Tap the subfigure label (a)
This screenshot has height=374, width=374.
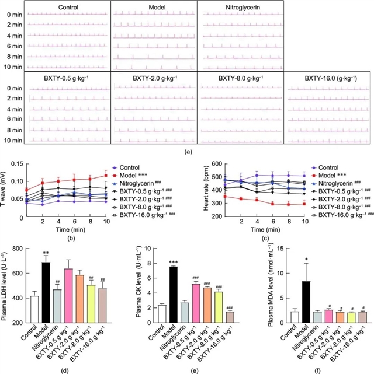pos(187,151)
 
